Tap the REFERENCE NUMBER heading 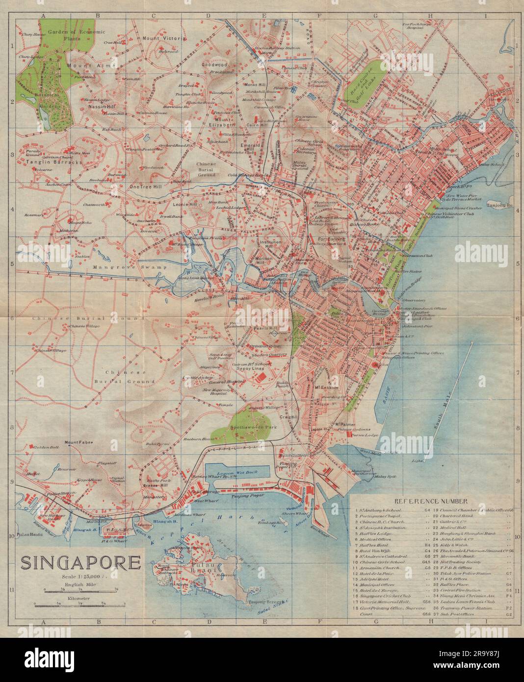pos(431,501)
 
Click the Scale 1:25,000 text pos(81,577)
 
